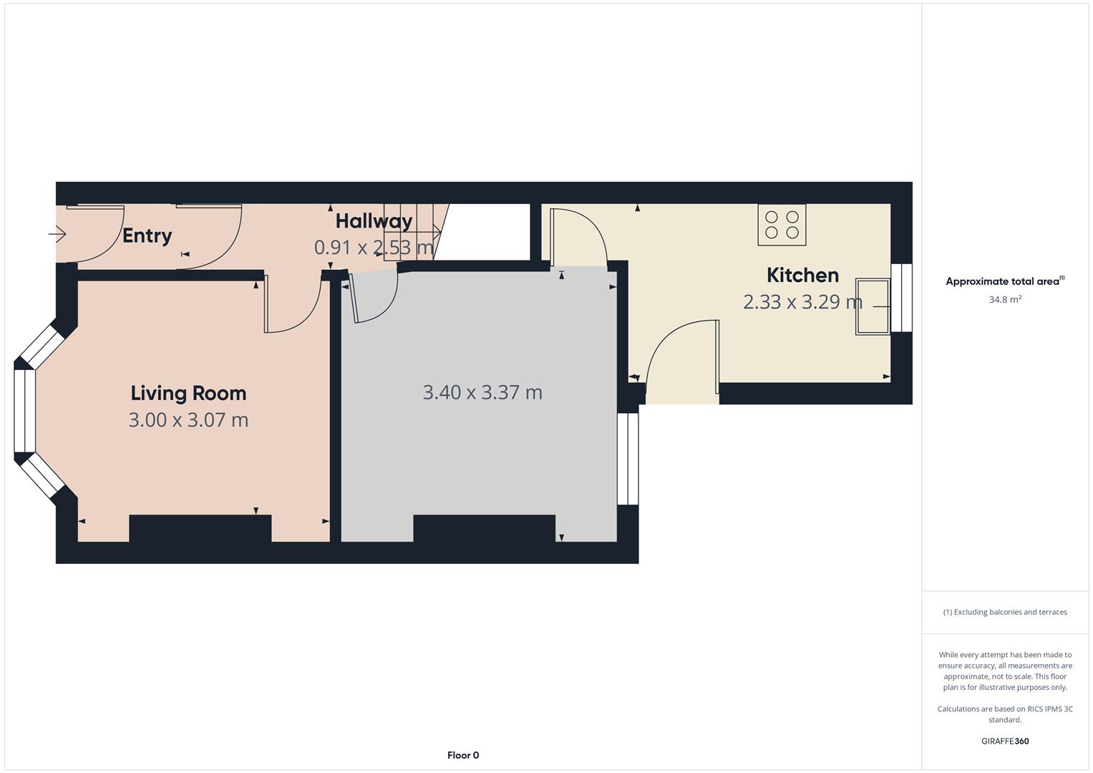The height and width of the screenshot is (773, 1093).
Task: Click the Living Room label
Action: point(188,393)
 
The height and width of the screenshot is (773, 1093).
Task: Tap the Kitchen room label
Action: point(802,275)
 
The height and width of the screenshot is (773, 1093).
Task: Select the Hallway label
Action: point(374,220)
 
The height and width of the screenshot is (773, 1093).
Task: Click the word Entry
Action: point(147,235)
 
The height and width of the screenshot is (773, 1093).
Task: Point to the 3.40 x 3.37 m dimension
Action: point(482,392)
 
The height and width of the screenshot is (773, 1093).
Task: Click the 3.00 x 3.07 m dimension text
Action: point(188,419)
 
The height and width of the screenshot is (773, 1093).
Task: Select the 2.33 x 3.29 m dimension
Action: point(802,302)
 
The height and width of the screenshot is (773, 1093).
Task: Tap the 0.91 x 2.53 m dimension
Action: point(374,248)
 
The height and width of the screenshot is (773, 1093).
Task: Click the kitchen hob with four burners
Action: point(782,225)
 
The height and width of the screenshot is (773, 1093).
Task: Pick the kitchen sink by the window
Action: point(873,307)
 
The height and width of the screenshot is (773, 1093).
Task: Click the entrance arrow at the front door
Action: point(57,233)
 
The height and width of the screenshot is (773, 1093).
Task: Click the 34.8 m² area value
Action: point(1004,300)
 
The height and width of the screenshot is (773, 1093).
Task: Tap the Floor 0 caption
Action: point(463,755)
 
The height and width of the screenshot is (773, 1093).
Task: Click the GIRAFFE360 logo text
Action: point(1004,741)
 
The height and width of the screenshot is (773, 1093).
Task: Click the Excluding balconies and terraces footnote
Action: point(1004,612)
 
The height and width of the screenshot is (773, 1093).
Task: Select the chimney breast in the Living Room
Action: point(200,528)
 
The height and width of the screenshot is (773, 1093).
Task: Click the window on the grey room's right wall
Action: point(628,459)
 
